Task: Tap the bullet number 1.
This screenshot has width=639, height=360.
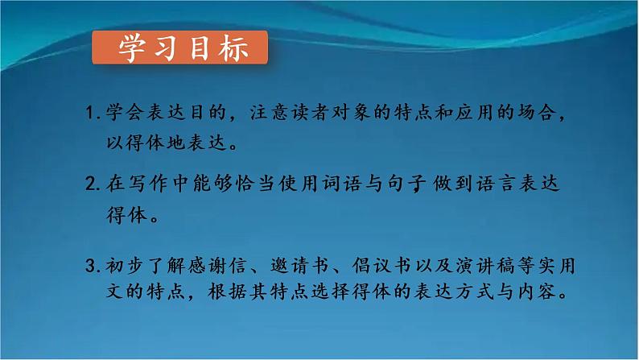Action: (91, 119)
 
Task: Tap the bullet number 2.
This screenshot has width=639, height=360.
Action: (91, 184)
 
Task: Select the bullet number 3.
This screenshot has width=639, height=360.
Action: (91, 265)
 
